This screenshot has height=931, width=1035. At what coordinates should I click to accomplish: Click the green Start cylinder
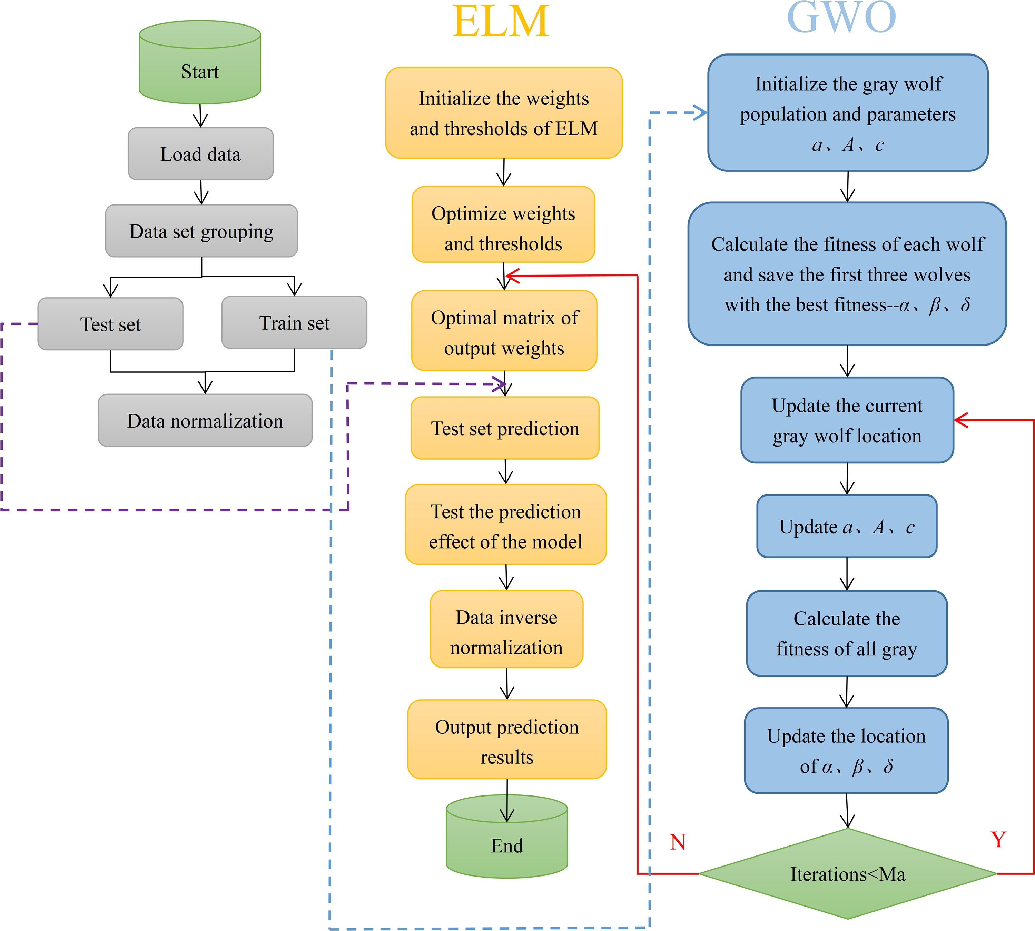tap(200, 62)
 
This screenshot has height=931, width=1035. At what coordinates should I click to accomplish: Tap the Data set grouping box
tap(201, 231)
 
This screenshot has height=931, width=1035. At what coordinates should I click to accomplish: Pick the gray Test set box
tap(110, 324)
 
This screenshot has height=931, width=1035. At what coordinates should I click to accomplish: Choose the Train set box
tap(294, 322)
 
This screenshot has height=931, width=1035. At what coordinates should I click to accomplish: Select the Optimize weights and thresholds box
tap(503, 224)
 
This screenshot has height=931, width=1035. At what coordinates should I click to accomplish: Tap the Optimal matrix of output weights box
tap(504, 330)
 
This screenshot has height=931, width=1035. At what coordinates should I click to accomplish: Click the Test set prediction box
tap(505, 428)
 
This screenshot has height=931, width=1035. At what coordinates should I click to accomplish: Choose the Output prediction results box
tap(507, 739)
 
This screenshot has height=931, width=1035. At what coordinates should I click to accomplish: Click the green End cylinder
tap(507, 837)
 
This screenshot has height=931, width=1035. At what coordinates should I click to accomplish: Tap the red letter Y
tap(998, 839)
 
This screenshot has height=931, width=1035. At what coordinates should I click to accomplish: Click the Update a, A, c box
tap(847, 526)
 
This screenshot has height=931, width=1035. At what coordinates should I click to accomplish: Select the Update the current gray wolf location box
tap(847, 420)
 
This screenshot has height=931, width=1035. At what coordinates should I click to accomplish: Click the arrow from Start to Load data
tap(200, 116)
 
